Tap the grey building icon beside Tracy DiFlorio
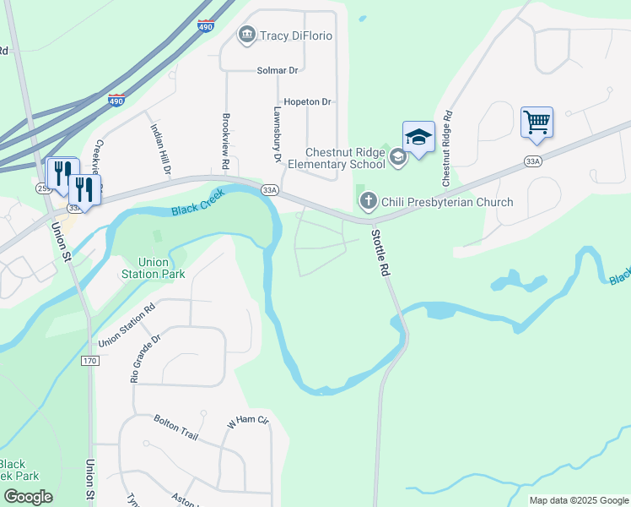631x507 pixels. (246, 34)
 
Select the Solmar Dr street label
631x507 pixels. (278, 70)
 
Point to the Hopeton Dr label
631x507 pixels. (308, 101)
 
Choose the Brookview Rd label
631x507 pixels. (225, 140)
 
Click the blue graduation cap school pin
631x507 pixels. (418, 137)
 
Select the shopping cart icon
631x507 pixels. (537, 123)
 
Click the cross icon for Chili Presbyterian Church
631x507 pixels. (368, 201)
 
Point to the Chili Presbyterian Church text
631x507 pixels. (447, 202)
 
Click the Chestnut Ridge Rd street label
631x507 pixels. (447, 149)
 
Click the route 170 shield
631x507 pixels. (90, 361)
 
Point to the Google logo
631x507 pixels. (28, 497)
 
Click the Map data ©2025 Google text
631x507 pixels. (580, 500)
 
